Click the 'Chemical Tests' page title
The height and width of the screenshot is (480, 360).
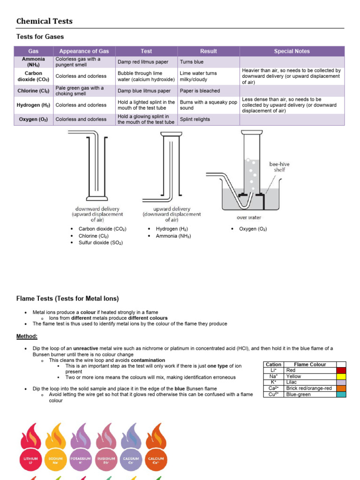click(x=45, y=21)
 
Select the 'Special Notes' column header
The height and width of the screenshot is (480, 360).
click(x=292, y=51)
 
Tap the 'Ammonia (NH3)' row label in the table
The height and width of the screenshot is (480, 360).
click(x=33, y=62)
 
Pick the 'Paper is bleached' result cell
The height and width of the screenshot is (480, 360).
click(x=200, y=91)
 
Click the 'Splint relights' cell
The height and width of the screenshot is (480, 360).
click(x=195, y=120)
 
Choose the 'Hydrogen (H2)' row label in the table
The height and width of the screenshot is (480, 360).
click(x=33, y=105)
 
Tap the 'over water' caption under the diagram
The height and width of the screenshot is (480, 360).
click(x=249, y=217)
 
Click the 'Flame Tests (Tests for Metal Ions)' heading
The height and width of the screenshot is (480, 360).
click(x=67, y=298)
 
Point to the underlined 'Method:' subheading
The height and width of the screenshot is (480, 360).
click(x=27, y=337)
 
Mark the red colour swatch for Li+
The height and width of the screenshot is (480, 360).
click(x=341, y=370)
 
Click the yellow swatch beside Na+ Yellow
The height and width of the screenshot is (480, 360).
click(x=341, y=376)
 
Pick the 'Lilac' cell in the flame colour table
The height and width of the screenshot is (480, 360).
click(x=293, y=382)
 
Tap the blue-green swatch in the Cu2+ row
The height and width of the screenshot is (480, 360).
click(x=341, y=395)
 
